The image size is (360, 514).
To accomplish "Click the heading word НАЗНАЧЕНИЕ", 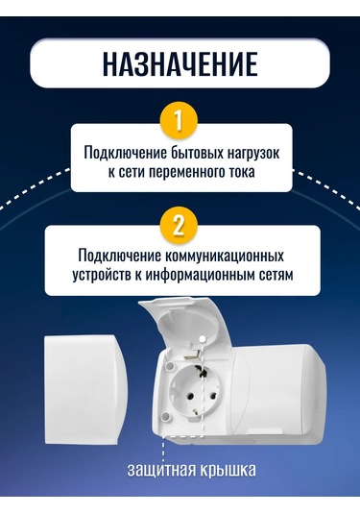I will click(x=180, y=62).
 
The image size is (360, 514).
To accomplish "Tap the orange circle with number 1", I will click(x=179, y=123).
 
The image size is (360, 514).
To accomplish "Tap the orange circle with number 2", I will click(x=179, y=228).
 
